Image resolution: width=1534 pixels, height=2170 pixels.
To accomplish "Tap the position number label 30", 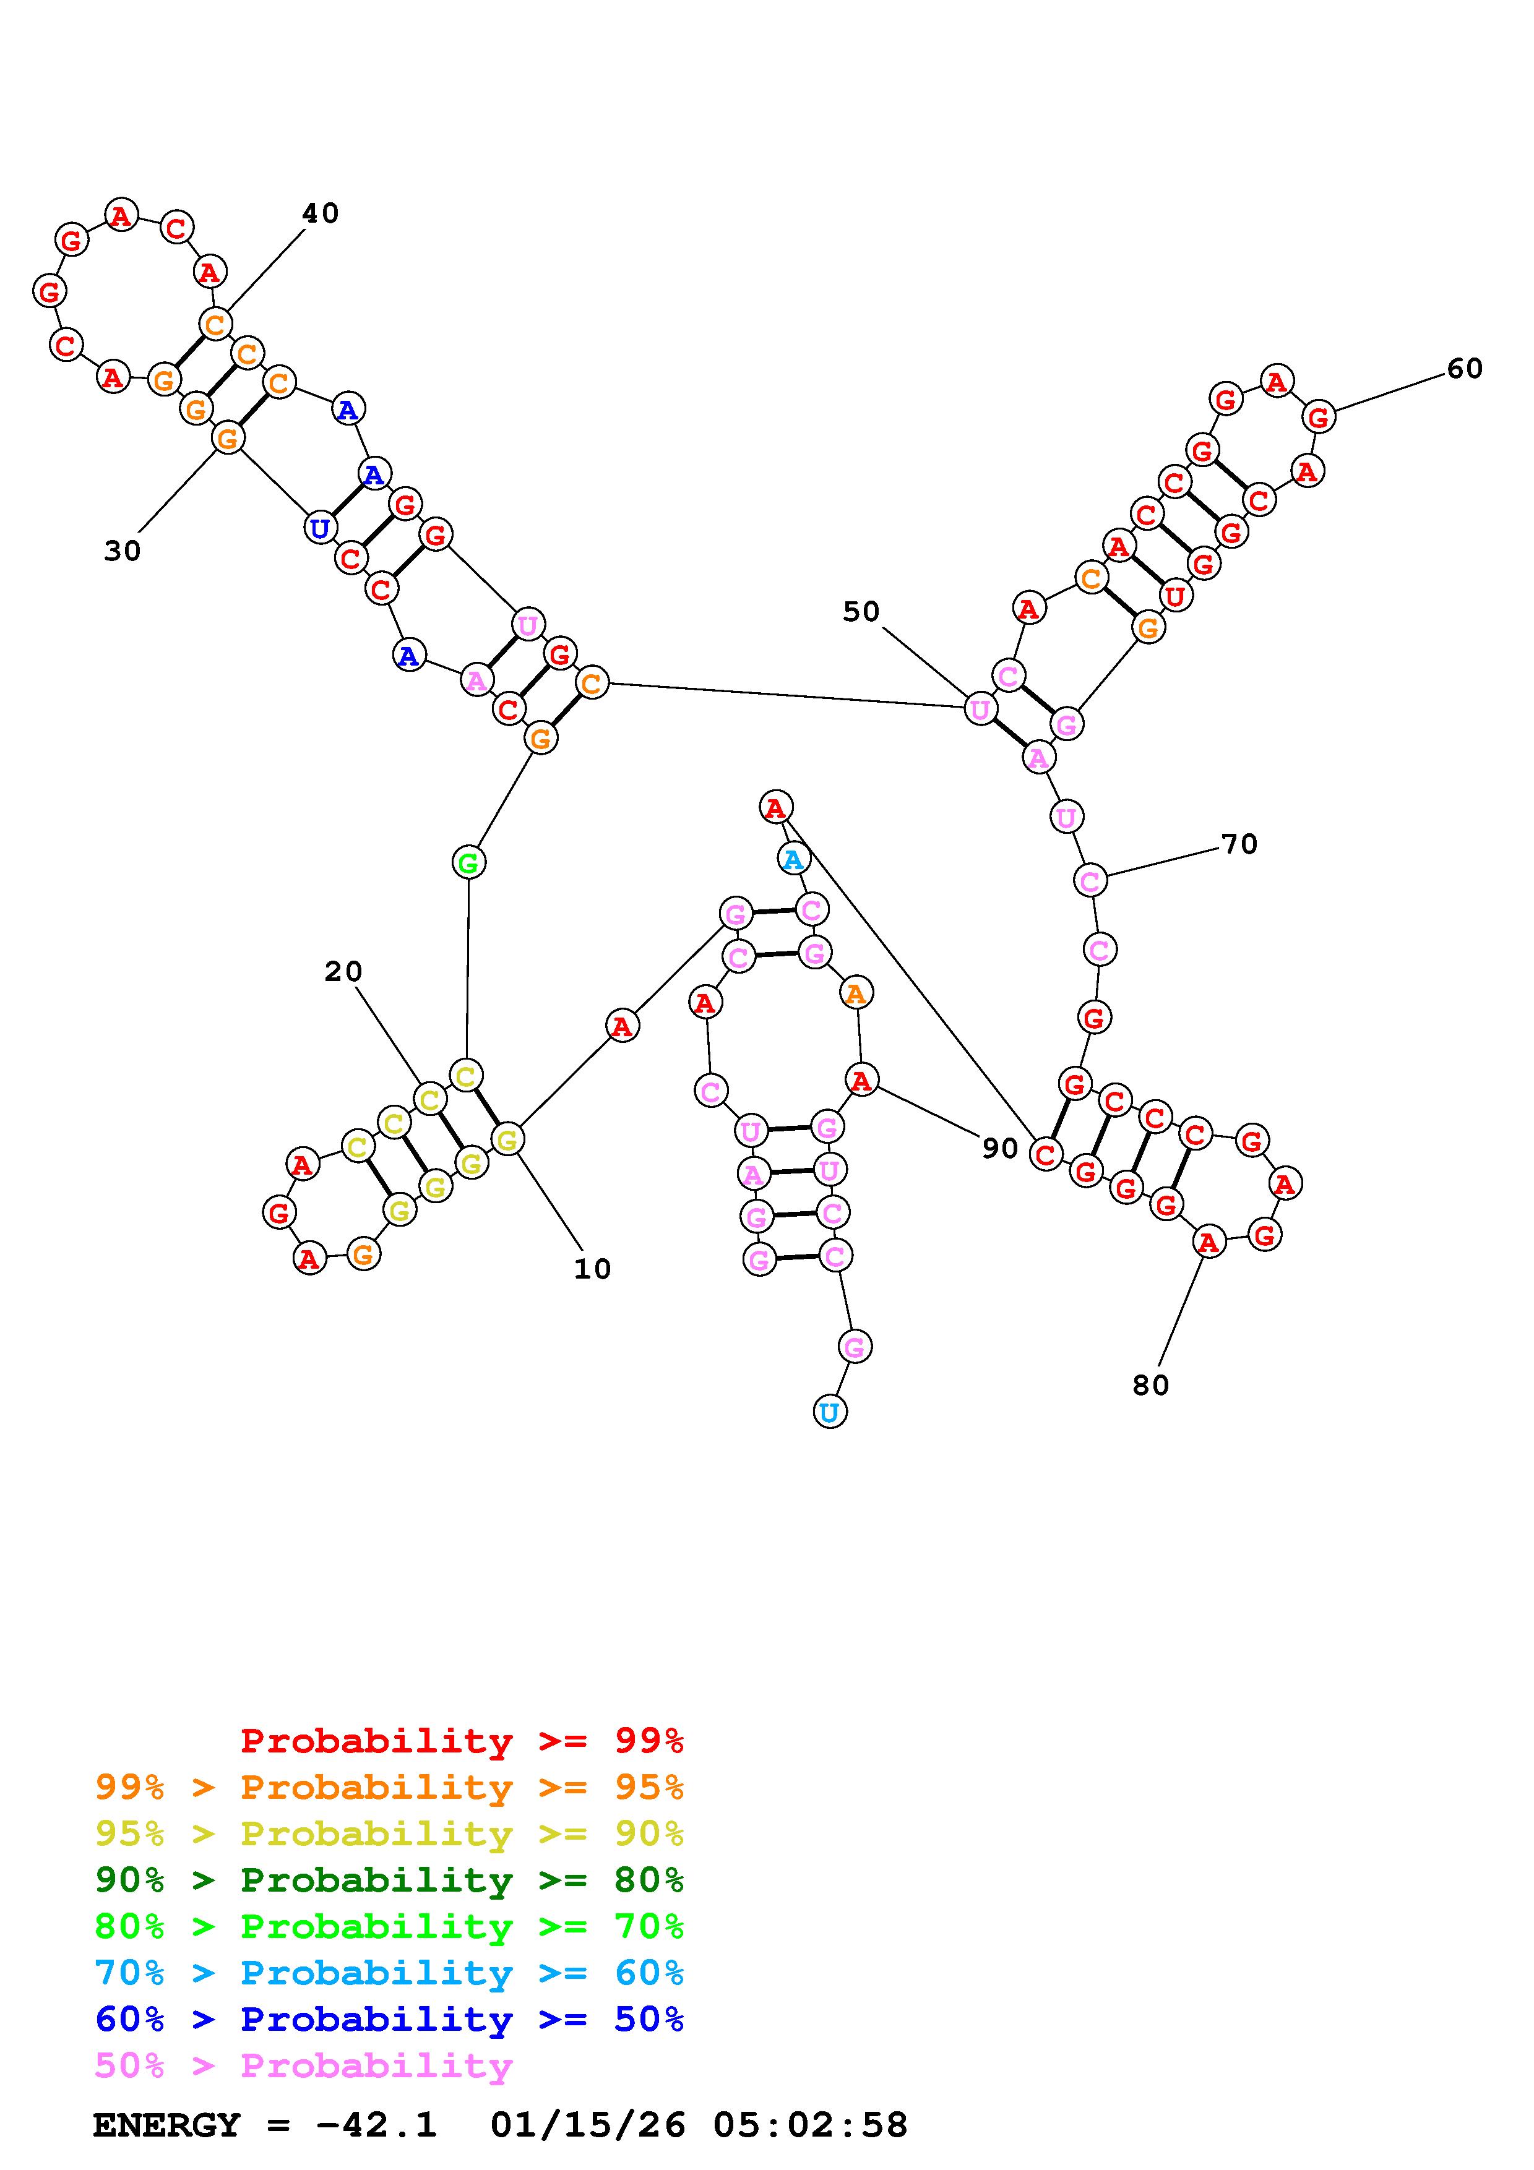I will point(122,551).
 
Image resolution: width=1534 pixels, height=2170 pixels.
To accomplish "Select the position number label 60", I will point(1464,369).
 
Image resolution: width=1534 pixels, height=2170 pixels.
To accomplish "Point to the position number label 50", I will point(860,612).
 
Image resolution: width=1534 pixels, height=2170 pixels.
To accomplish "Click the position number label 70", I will point(1238,844).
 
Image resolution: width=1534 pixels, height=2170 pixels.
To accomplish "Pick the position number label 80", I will point(1150,1386).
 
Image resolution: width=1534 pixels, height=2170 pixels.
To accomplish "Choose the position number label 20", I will point(343,972).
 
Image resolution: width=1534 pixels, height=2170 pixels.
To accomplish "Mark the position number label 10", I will point(593,1269).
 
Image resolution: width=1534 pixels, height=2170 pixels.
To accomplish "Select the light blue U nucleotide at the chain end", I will point(829,1412).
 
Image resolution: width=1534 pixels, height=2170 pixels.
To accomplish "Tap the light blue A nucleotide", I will point(793,859).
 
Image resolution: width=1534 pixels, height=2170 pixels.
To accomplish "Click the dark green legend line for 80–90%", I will point(389,1880).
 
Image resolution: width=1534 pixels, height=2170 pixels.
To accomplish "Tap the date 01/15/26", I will point(588,2125).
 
